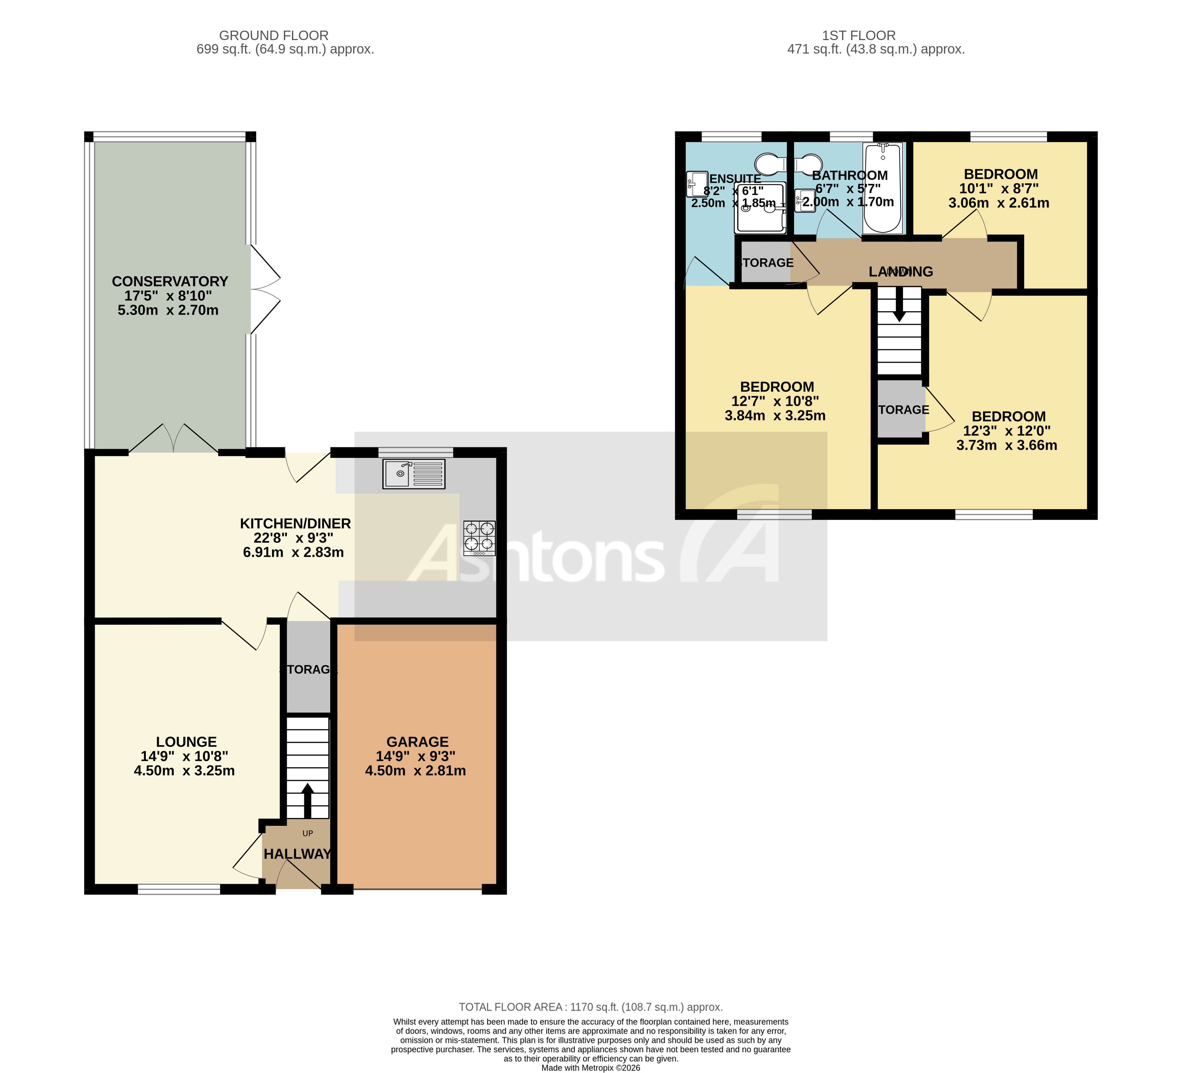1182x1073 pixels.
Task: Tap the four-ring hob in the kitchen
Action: (479, 538)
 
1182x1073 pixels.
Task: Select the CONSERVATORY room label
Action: (170, 281)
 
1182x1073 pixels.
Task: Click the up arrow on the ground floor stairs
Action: (307, 800)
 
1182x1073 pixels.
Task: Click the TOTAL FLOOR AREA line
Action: (590, 1007)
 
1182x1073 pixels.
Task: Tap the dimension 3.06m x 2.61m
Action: (999, 203)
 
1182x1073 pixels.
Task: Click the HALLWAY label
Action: (297, 854)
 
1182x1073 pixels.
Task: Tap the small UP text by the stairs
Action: (307, 833)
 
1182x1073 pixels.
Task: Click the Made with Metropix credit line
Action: (590, 1068)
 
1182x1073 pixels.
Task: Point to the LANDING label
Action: (901, 271)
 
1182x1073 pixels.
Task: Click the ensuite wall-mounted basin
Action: (697, 184)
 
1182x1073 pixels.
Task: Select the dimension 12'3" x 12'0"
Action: (1007, 431)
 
